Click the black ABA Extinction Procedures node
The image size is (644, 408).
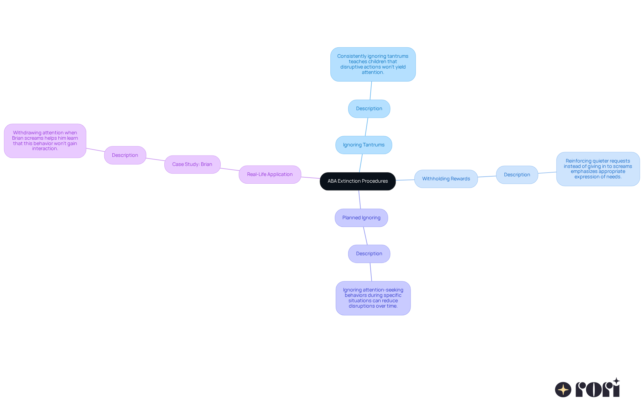[358, 181]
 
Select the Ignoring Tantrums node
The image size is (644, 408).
[364, 145]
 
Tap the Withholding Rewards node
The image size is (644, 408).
[446, 179]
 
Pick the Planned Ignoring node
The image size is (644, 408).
[361, 218]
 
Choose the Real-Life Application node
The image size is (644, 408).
[270, 174]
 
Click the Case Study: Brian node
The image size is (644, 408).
[192, 164]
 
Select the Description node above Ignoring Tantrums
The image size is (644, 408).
[369, 108]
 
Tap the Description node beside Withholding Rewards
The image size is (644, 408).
[517, 175]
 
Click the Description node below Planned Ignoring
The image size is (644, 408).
[369, 254]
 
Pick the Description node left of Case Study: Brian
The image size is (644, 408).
[125, 155]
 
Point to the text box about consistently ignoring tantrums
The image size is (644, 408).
[373, 64]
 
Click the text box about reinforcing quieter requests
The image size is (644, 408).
[598, 169]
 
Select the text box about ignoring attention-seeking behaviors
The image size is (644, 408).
[373, 298]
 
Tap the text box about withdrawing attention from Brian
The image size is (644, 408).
[45, 141]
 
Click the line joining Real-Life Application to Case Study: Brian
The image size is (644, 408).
[230, 170]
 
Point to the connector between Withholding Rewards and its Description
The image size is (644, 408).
[487, 177]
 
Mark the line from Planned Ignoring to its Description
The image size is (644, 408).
[365, 236]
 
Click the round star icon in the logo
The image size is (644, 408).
[563, 390]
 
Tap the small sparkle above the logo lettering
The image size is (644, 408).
[616, 381]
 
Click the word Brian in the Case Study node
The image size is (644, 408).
[206, 164]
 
